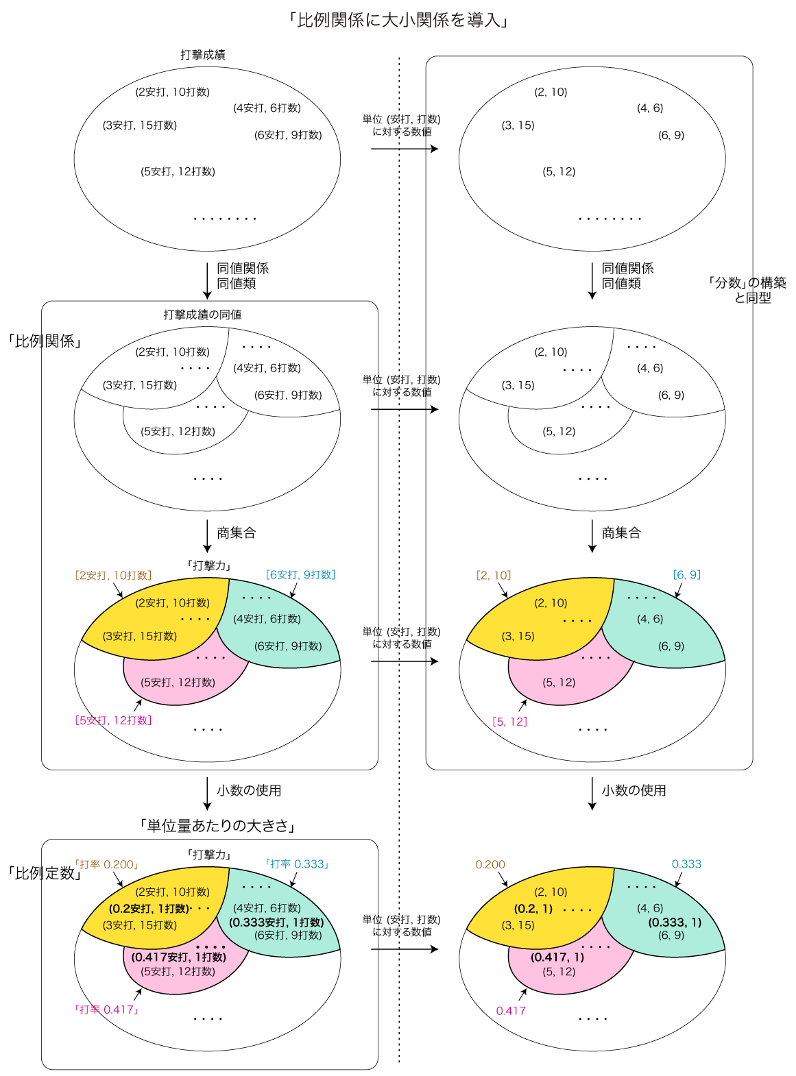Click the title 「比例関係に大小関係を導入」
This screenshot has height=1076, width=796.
point(398,20)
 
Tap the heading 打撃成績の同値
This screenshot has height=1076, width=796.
point(202,315)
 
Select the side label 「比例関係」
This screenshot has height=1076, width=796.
point(45,341)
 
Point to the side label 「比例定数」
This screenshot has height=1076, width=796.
point(45,873)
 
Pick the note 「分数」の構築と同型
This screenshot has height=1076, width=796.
point(747,290)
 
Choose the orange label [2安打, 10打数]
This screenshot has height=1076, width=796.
point(113,575)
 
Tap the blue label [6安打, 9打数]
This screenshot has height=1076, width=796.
point(300,574)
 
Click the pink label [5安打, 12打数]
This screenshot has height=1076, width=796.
point(113,720)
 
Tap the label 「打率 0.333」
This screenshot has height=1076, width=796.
point(297,864)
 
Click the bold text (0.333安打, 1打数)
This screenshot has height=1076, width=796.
point(276,922)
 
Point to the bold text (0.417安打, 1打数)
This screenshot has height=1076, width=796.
point(178,957)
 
